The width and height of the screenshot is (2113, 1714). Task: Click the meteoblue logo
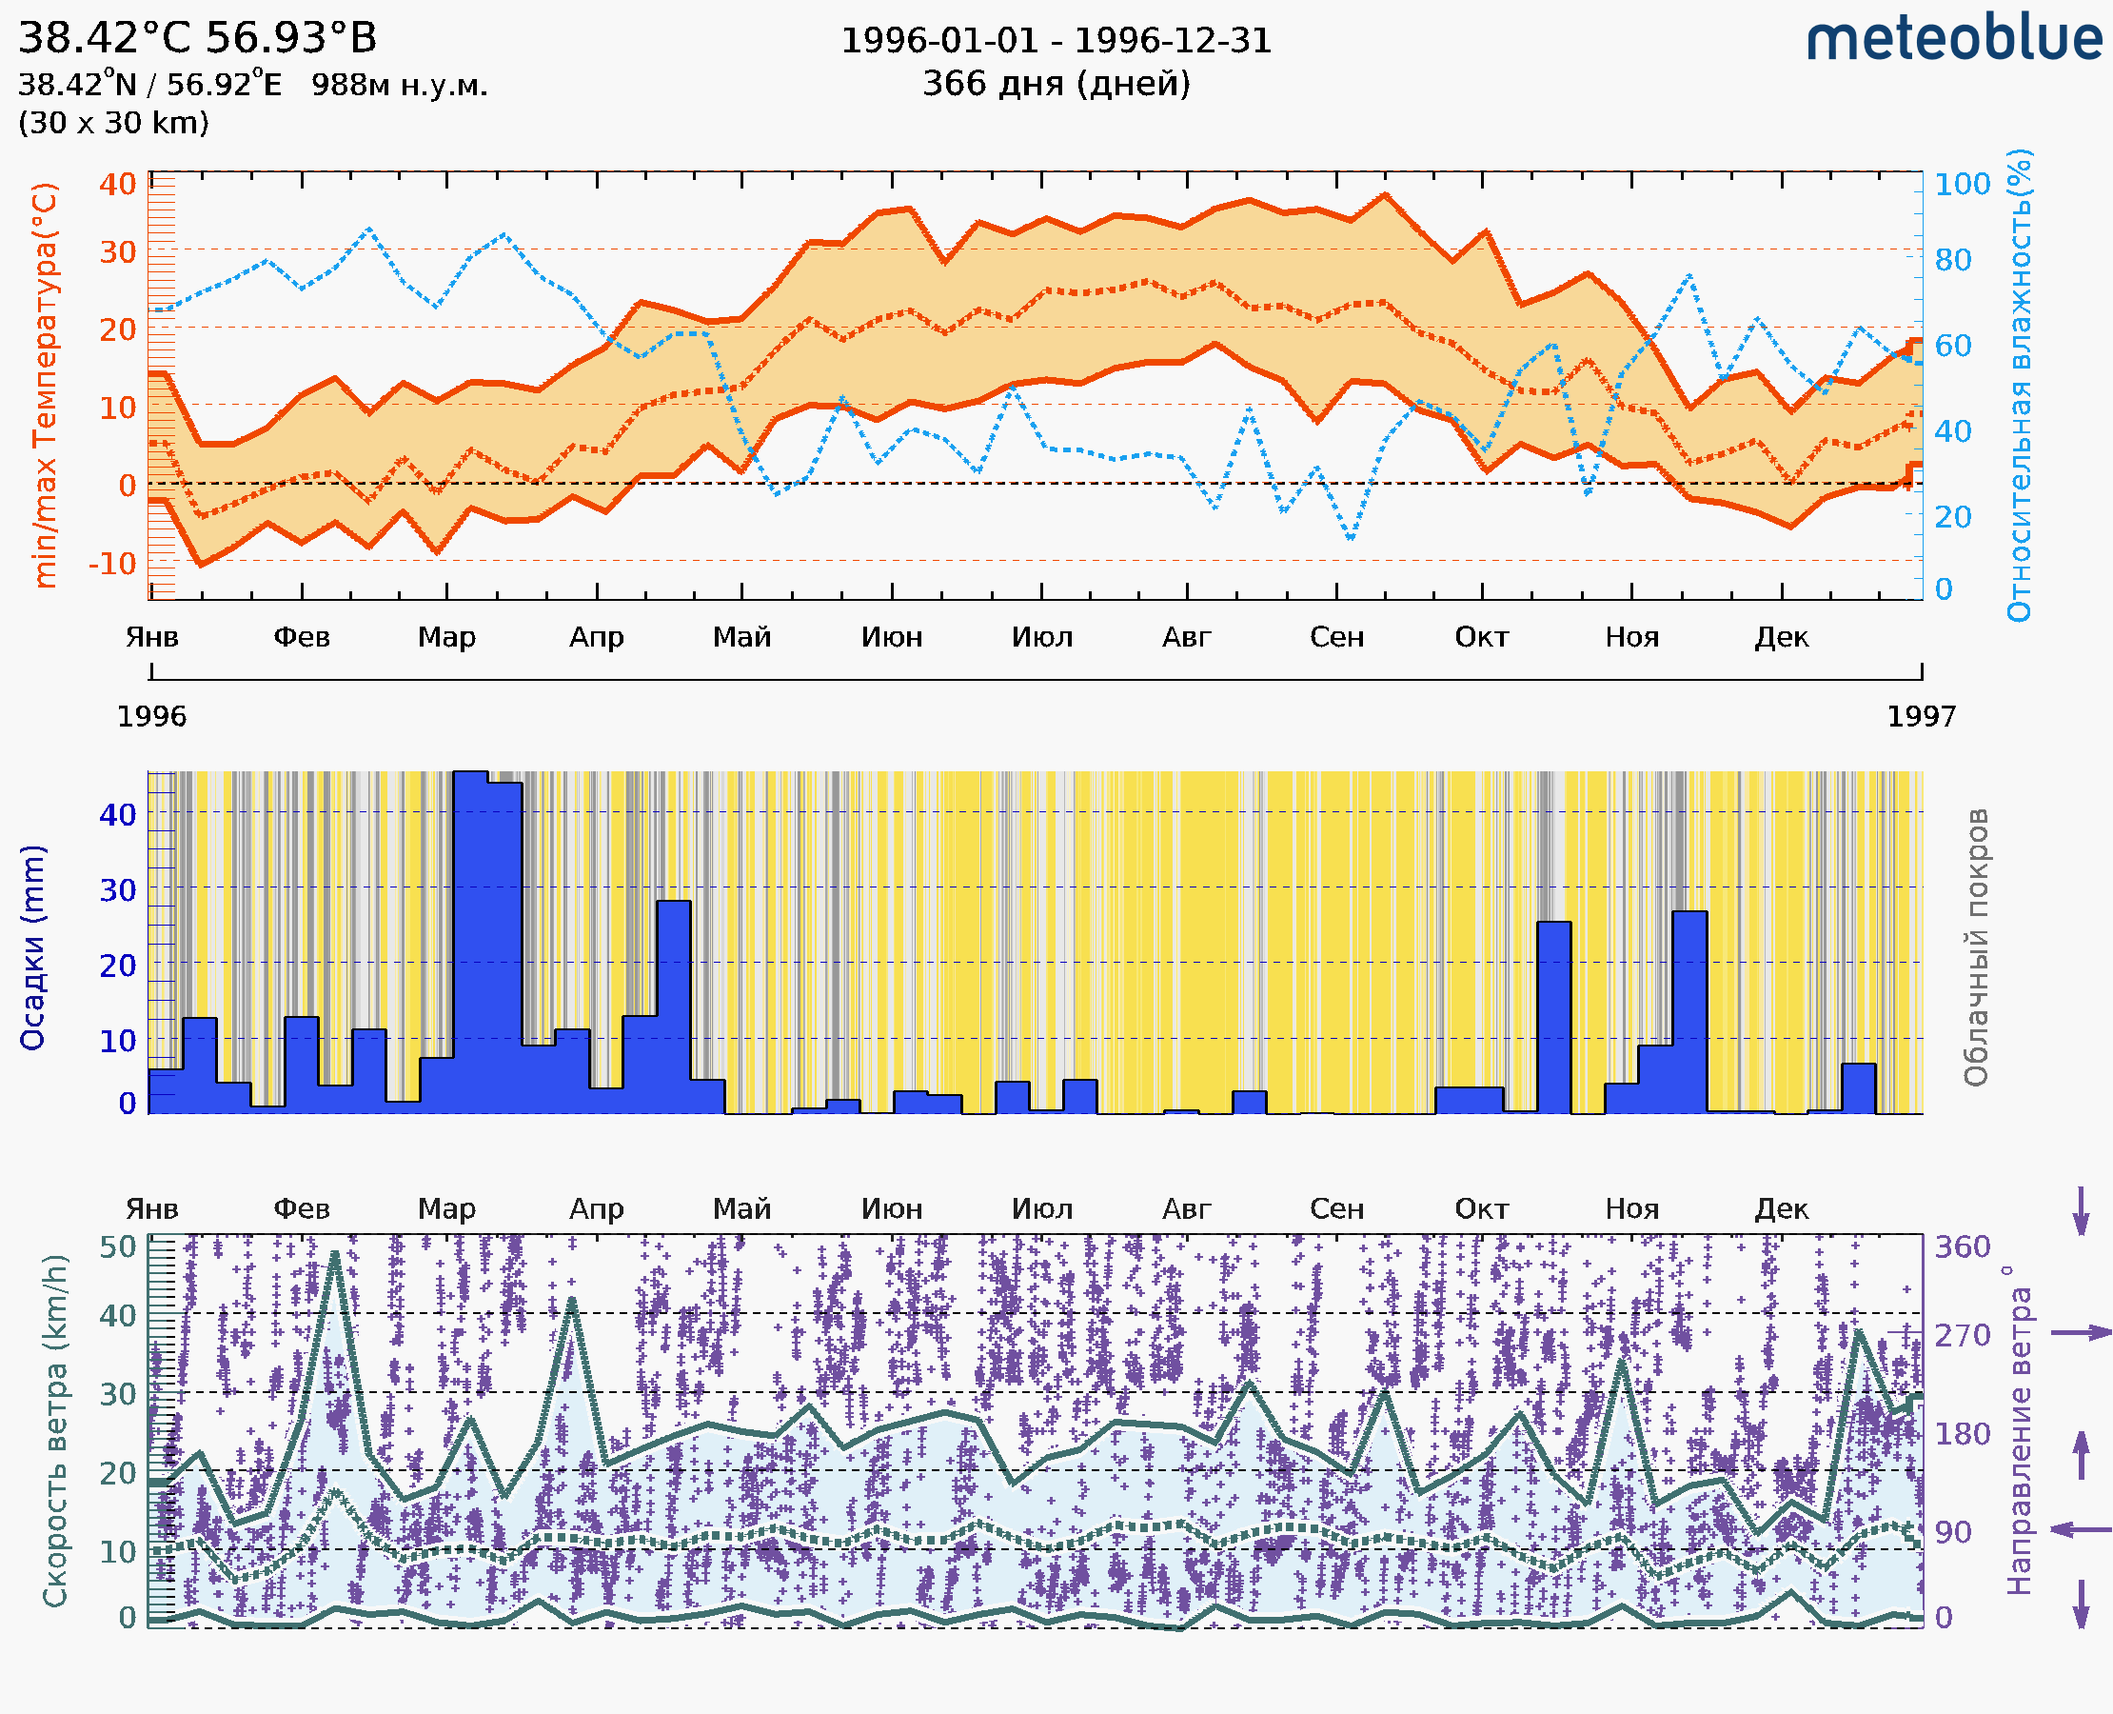[1954, 39]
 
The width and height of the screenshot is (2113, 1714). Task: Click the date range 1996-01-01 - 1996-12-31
[1056, 41]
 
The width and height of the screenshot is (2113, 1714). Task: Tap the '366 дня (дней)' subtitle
[1056, 84]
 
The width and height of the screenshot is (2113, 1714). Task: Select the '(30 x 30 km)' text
[113, 124]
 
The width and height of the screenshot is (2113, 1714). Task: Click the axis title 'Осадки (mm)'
[32, 947]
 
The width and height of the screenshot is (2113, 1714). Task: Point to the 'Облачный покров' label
[1976, 947]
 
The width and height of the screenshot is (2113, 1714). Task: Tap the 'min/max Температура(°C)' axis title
[46, 385]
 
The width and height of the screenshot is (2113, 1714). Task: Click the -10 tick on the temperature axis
[112, 564]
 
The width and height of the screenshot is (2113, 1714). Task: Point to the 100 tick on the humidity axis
[1962, 185]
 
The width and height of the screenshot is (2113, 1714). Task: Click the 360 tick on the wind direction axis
[1962, 1247]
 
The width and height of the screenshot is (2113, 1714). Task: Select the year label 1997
[1921, 717]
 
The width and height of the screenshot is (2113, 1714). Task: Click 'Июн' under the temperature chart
[892, 638]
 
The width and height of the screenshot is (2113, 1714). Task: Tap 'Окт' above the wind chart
[1481, 1209]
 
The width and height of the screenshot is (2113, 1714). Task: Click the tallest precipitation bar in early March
[471, 938]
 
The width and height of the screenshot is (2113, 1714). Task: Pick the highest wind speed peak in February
[336, 1256]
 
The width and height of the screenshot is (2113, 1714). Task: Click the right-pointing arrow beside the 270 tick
[2081, 1333]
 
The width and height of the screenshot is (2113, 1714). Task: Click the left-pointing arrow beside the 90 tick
[2081, 1530]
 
